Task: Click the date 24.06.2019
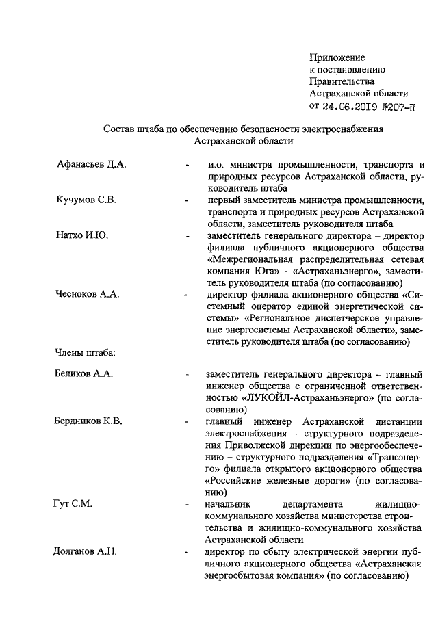[x=350, y=106]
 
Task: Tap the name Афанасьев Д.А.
[x=92, y=164]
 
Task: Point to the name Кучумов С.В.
[x=87, y=200]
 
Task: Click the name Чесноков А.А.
[x=88, y=295]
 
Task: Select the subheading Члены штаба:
[x=85, y=353]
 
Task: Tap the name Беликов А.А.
[x=83, y=374]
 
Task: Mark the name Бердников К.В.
[x=88, y=421]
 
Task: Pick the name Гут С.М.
[x=73, y=503]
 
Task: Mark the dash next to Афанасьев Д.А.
[x=187, y=165]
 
